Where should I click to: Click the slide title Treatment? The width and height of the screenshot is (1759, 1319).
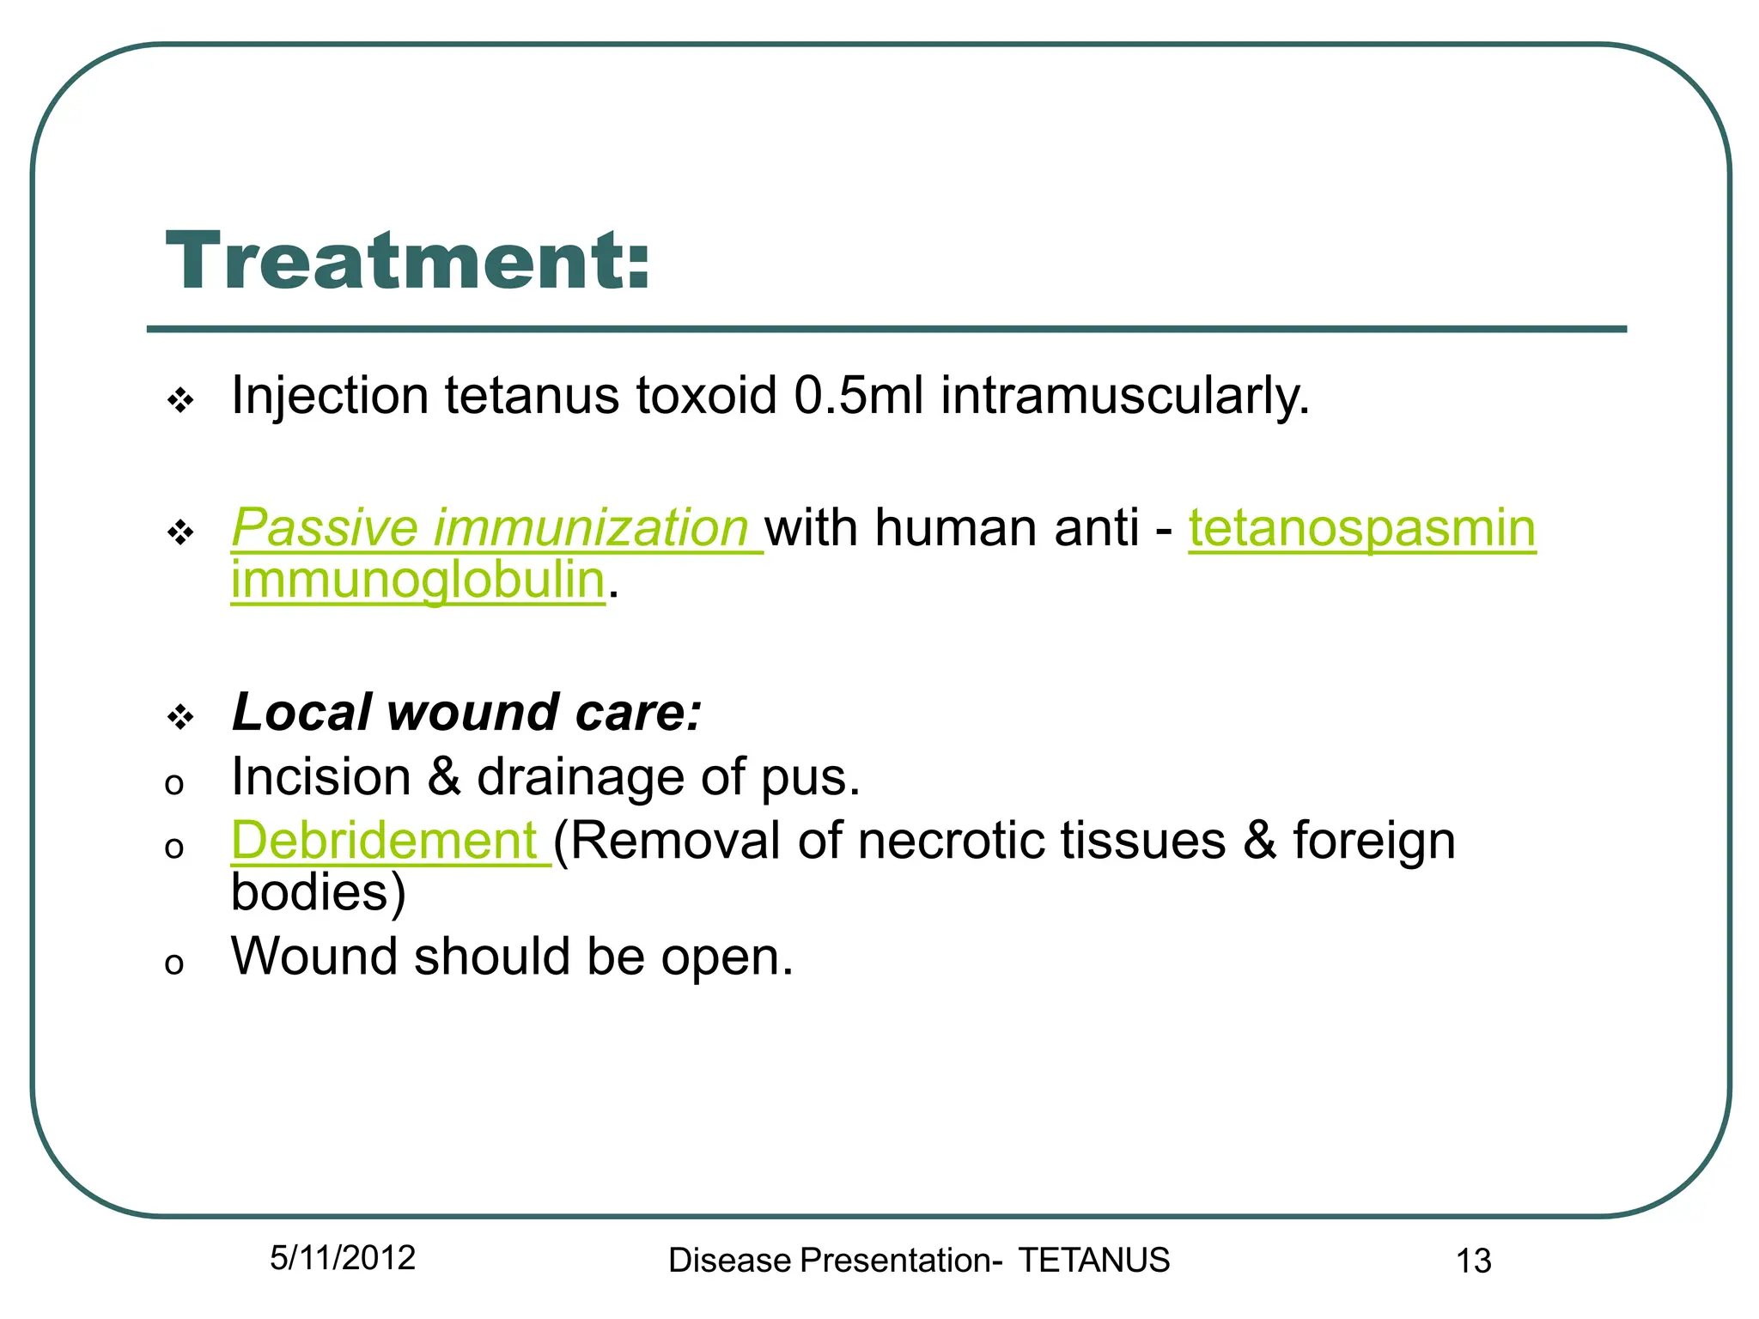coord(408,261)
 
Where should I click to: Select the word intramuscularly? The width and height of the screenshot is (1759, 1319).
coord(1125,398)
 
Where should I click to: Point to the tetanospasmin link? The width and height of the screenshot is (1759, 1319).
coord(1361,527)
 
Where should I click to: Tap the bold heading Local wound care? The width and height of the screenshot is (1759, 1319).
coord(466,713)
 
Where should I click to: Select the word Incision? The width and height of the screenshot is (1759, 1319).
coord(321,777)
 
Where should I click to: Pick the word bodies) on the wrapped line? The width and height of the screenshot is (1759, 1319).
coord(318,893)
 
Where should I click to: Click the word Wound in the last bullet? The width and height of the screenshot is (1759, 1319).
coord(314,957)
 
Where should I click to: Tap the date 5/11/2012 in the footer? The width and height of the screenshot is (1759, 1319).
coord(343,1258)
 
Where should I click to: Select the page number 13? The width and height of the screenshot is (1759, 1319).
coord(1473,1261)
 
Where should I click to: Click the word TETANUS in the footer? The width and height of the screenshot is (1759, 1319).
coord(1094,1261)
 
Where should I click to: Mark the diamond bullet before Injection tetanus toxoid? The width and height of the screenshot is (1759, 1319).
coord(180,400)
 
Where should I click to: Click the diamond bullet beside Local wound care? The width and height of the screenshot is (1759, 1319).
coord(180,716)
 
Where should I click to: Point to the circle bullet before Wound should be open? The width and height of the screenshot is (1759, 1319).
coord(174,963)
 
